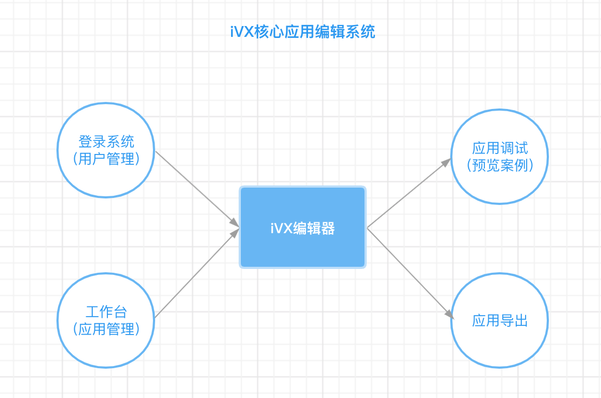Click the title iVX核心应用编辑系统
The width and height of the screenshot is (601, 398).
coord(302,32)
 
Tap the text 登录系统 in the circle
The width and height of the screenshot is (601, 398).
coord(106,142)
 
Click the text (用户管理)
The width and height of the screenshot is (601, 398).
coord(106,159)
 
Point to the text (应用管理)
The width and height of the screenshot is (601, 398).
coord(106,329)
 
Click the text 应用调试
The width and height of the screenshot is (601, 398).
coord(500,149)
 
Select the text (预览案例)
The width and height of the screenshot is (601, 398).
coord(500,165)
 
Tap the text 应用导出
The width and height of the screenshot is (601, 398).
coord(500,320)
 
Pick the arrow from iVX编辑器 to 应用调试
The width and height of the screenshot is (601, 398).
coord(408,194)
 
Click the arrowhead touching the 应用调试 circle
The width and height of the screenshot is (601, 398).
coord(447,162)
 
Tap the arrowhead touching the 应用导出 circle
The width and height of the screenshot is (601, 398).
coord(449,314)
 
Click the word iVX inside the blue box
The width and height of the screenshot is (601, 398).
coord(280,228)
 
